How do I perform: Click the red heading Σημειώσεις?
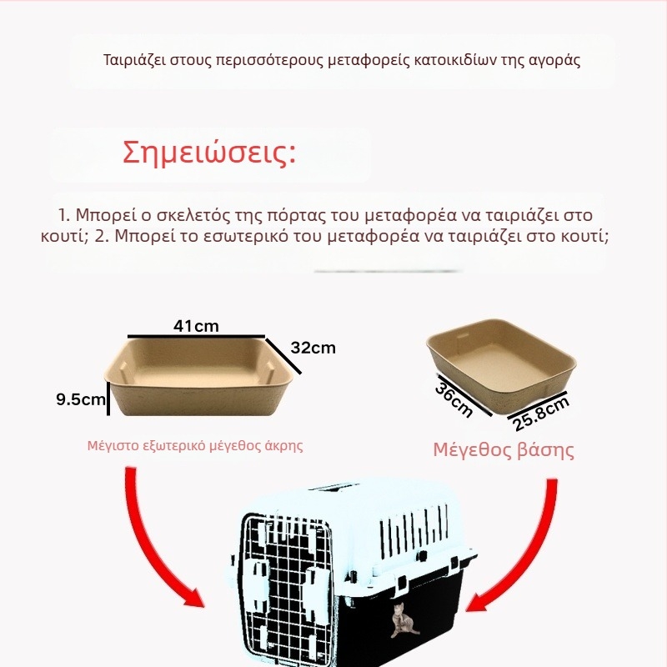click(x=209, y=154)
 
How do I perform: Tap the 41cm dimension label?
click(x=196, y=325)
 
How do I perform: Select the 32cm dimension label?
click(x=313, y=348)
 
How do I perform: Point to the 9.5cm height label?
click(x=79, y=399)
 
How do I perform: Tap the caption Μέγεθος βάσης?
click(x=504, y=450)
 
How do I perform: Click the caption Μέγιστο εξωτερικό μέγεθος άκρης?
click(x=195, y=445)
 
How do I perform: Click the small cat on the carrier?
click(x=404, y=620)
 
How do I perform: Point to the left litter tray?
click(x=200, y=375)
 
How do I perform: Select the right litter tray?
click(x=501, y=363)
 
